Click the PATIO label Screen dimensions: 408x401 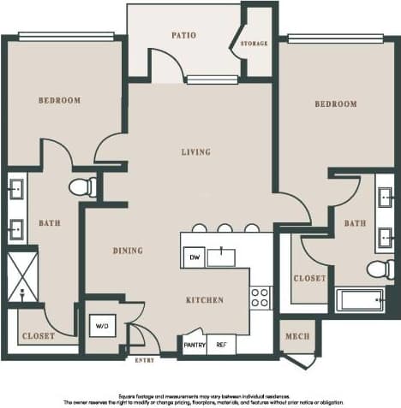pos(183,35)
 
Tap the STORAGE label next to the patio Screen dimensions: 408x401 pos(254,43)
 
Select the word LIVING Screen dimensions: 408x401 pos(195,152)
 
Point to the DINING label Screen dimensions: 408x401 pos(128,251)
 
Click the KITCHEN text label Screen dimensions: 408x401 pos(205,300)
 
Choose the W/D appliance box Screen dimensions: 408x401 pos(102,326)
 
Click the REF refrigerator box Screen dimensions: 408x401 pos(221,345)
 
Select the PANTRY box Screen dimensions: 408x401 pos(195,345)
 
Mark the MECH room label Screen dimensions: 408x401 pos(296,336)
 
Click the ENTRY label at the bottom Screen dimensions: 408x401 pos(145,360)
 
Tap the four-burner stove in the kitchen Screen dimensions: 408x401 pos(260,298)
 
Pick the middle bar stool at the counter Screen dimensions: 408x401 pos(225,228)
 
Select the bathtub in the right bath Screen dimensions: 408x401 pos(360,300)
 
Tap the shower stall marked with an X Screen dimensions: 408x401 pos(21,276)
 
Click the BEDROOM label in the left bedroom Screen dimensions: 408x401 pos(59,100)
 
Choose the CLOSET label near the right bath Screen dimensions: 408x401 pos(309,279)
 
